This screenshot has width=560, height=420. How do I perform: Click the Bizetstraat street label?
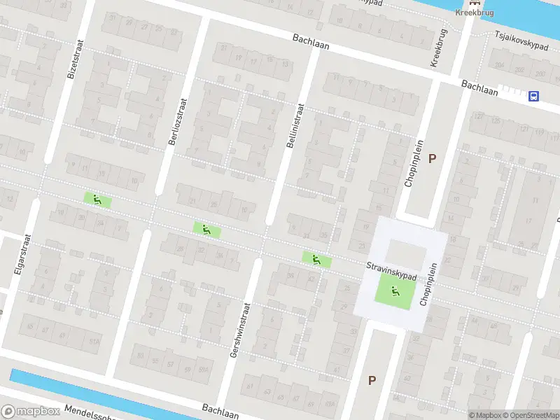point(71,58)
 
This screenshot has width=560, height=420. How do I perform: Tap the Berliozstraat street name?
point(177,120)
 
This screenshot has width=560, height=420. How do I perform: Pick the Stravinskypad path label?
point(391,272)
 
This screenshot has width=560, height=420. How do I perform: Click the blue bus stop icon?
point(534,97)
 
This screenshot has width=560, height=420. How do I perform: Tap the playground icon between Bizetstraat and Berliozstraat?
point(97,199)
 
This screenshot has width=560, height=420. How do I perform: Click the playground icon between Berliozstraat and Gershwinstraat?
point(206,229)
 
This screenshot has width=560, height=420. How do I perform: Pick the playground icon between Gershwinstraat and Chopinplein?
point(316,259)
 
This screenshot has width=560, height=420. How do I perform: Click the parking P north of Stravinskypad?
point(432,158)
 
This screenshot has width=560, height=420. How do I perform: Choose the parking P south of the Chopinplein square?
point(372,381)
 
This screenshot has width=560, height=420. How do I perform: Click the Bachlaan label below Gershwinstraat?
point(220,410)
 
